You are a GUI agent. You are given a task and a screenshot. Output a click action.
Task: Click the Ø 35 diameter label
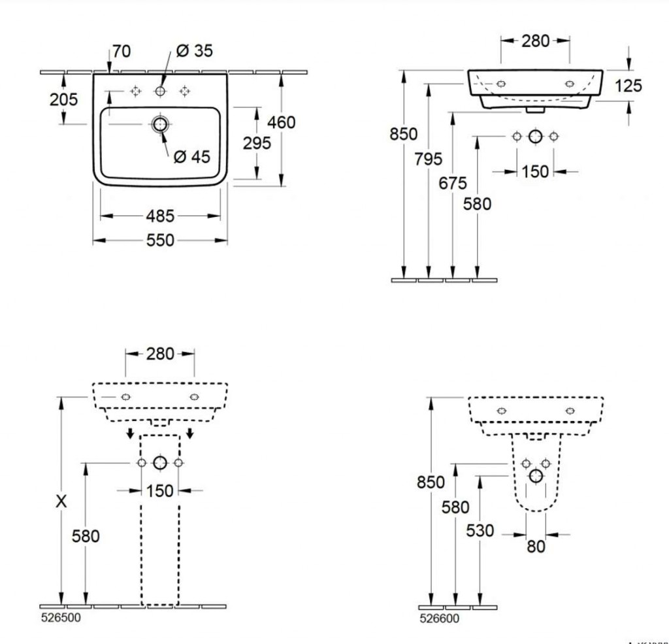[194, 51]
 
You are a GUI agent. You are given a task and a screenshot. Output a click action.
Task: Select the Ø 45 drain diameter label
[191, 157]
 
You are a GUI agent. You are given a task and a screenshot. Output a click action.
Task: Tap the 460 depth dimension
[282, 122]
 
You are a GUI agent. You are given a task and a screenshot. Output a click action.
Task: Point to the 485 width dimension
[160, 215]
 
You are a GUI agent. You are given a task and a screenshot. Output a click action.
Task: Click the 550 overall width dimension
[160, 241]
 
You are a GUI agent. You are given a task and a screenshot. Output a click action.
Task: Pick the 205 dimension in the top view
[63, 99]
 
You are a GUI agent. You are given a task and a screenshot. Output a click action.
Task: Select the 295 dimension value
[257, 143]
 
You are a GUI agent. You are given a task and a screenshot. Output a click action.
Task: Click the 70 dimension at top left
[121, 51]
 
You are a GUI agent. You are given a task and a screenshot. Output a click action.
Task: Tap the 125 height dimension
[628, 86]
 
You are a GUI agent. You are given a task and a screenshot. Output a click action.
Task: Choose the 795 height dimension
[429, 159]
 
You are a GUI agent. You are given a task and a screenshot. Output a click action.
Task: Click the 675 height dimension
[453, 184]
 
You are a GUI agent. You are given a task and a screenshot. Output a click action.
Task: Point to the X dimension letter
[61, 501]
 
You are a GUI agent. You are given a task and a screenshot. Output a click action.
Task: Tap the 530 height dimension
[480, 531]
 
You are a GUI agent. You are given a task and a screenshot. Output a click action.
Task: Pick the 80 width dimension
[536, 546]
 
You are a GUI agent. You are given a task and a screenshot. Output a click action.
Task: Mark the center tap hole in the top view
[160, 92]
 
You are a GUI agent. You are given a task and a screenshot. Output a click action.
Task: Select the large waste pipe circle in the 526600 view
[536, 475]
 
